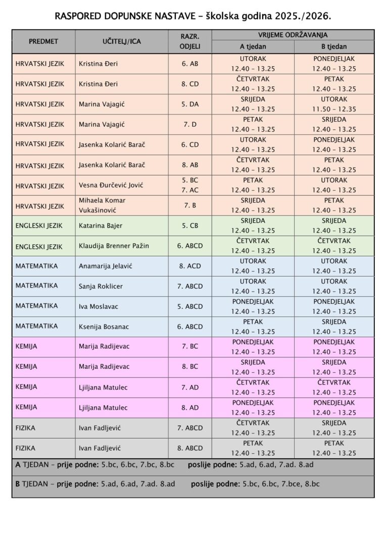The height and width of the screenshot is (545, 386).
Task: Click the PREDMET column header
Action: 43,41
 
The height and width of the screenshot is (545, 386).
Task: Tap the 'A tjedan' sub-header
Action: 253,47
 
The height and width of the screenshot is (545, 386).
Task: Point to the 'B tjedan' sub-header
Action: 333,47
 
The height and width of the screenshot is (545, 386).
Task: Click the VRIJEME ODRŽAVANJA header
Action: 293,35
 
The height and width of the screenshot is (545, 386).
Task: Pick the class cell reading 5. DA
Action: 190,104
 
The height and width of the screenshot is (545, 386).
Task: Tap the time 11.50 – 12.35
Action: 333,109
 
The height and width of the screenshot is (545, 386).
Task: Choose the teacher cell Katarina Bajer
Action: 100,226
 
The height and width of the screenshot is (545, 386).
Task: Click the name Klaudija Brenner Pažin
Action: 114,246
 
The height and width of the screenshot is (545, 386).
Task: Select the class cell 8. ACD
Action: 190,266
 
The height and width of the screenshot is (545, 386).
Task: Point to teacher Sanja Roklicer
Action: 101,286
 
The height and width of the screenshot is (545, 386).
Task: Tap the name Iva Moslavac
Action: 98,306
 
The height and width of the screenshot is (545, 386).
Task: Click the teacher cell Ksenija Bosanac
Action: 104,326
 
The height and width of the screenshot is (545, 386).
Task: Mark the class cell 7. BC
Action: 190,347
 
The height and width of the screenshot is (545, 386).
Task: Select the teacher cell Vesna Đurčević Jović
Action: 111,185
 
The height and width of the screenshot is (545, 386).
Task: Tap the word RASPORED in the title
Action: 78,16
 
